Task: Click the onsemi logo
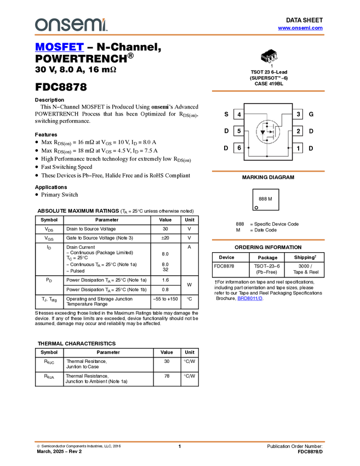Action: tap(71, 25)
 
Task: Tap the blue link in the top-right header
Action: tap(300, 28)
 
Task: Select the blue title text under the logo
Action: tap(59, 48)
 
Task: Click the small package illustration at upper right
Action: tap(270, 58)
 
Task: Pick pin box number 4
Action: tap(239, 115)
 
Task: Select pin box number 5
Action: tap(239, 131)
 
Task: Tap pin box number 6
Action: tap(239, 148)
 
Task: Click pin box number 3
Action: tap(298, 115)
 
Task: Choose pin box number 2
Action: tap(298, 131)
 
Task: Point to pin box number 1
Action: tap(298, 148)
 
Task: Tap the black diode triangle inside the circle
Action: tap(263, 132)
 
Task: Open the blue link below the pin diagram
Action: tap(250, 298)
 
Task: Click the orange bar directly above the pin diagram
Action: tap(268, 91)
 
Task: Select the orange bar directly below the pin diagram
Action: tap(268, 171)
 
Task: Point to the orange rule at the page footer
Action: tap(180, 441)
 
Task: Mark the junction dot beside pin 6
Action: tap(248, 148)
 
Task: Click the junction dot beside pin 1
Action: tap(288, 148)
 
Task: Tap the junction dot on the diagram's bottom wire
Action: tap(267, 156)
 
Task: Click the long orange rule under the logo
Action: tap(180, 35)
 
